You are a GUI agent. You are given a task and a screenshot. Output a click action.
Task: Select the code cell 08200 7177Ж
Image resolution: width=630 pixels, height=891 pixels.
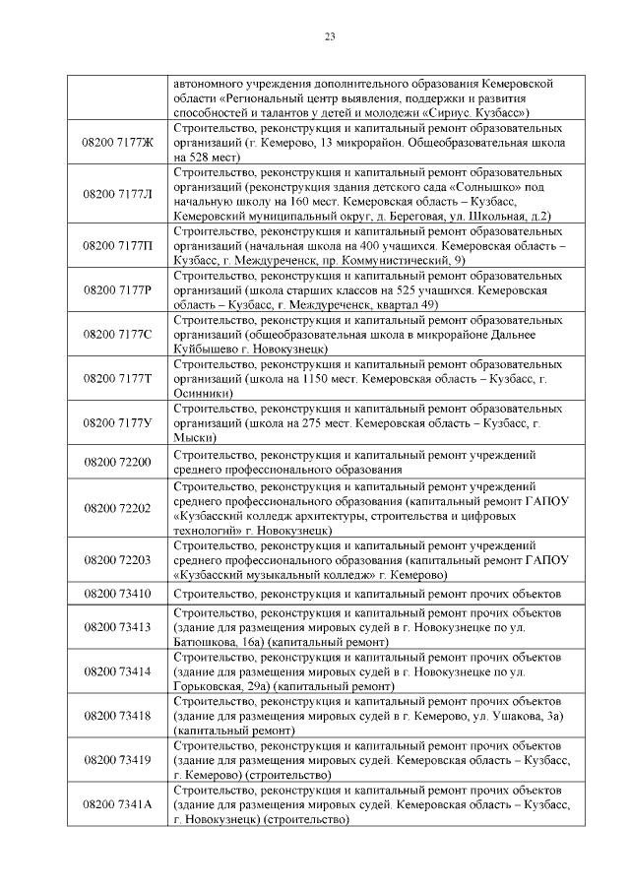pyautogui.click(x=118, y=143)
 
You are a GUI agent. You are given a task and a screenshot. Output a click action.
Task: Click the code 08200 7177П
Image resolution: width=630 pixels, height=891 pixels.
pyautogui.click(x=118, y=245)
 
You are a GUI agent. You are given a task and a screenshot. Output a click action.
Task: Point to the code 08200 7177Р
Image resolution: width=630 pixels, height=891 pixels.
pyautogui.click(x=118, y=289)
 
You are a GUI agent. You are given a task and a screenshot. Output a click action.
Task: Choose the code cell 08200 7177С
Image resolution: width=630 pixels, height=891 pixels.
pyautogui.click(x=118, y=334)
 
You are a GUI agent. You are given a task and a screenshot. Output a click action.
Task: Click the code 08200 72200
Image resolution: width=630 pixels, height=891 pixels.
pyautogui.click(x=118, y=461)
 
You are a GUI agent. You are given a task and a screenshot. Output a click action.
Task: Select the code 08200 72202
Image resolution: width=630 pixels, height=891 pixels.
pyautogui.click(x=118, y=508)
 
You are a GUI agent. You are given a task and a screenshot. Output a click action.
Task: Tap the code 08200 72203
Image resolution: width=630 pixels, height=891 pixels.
pyautogui.click(x=118, y=559)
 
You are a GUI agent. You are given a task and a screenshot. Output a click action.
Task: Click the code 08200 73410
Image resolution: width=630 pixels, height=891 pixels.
pyautogui.click(x=118, y=594)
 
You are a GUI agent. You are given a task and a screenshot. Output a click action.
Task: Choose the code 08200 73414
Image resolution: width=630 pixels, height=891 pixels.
pyautogui.click(x=118, y=670)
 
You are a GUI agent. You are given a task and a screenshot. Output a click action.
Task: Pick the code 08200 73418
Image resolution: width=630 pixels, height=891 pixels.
pyautogui.click(x=118, y=715)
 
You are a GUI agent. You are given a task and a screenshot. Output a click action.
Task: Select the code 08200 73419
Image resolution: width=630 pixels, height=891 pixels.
pyautogui.click(x=118, y=759)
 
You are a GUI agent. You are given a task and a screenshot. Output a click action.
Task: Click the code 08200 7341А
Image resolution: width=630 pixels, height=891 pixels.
pyautogui.click(x=118, y=804)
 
